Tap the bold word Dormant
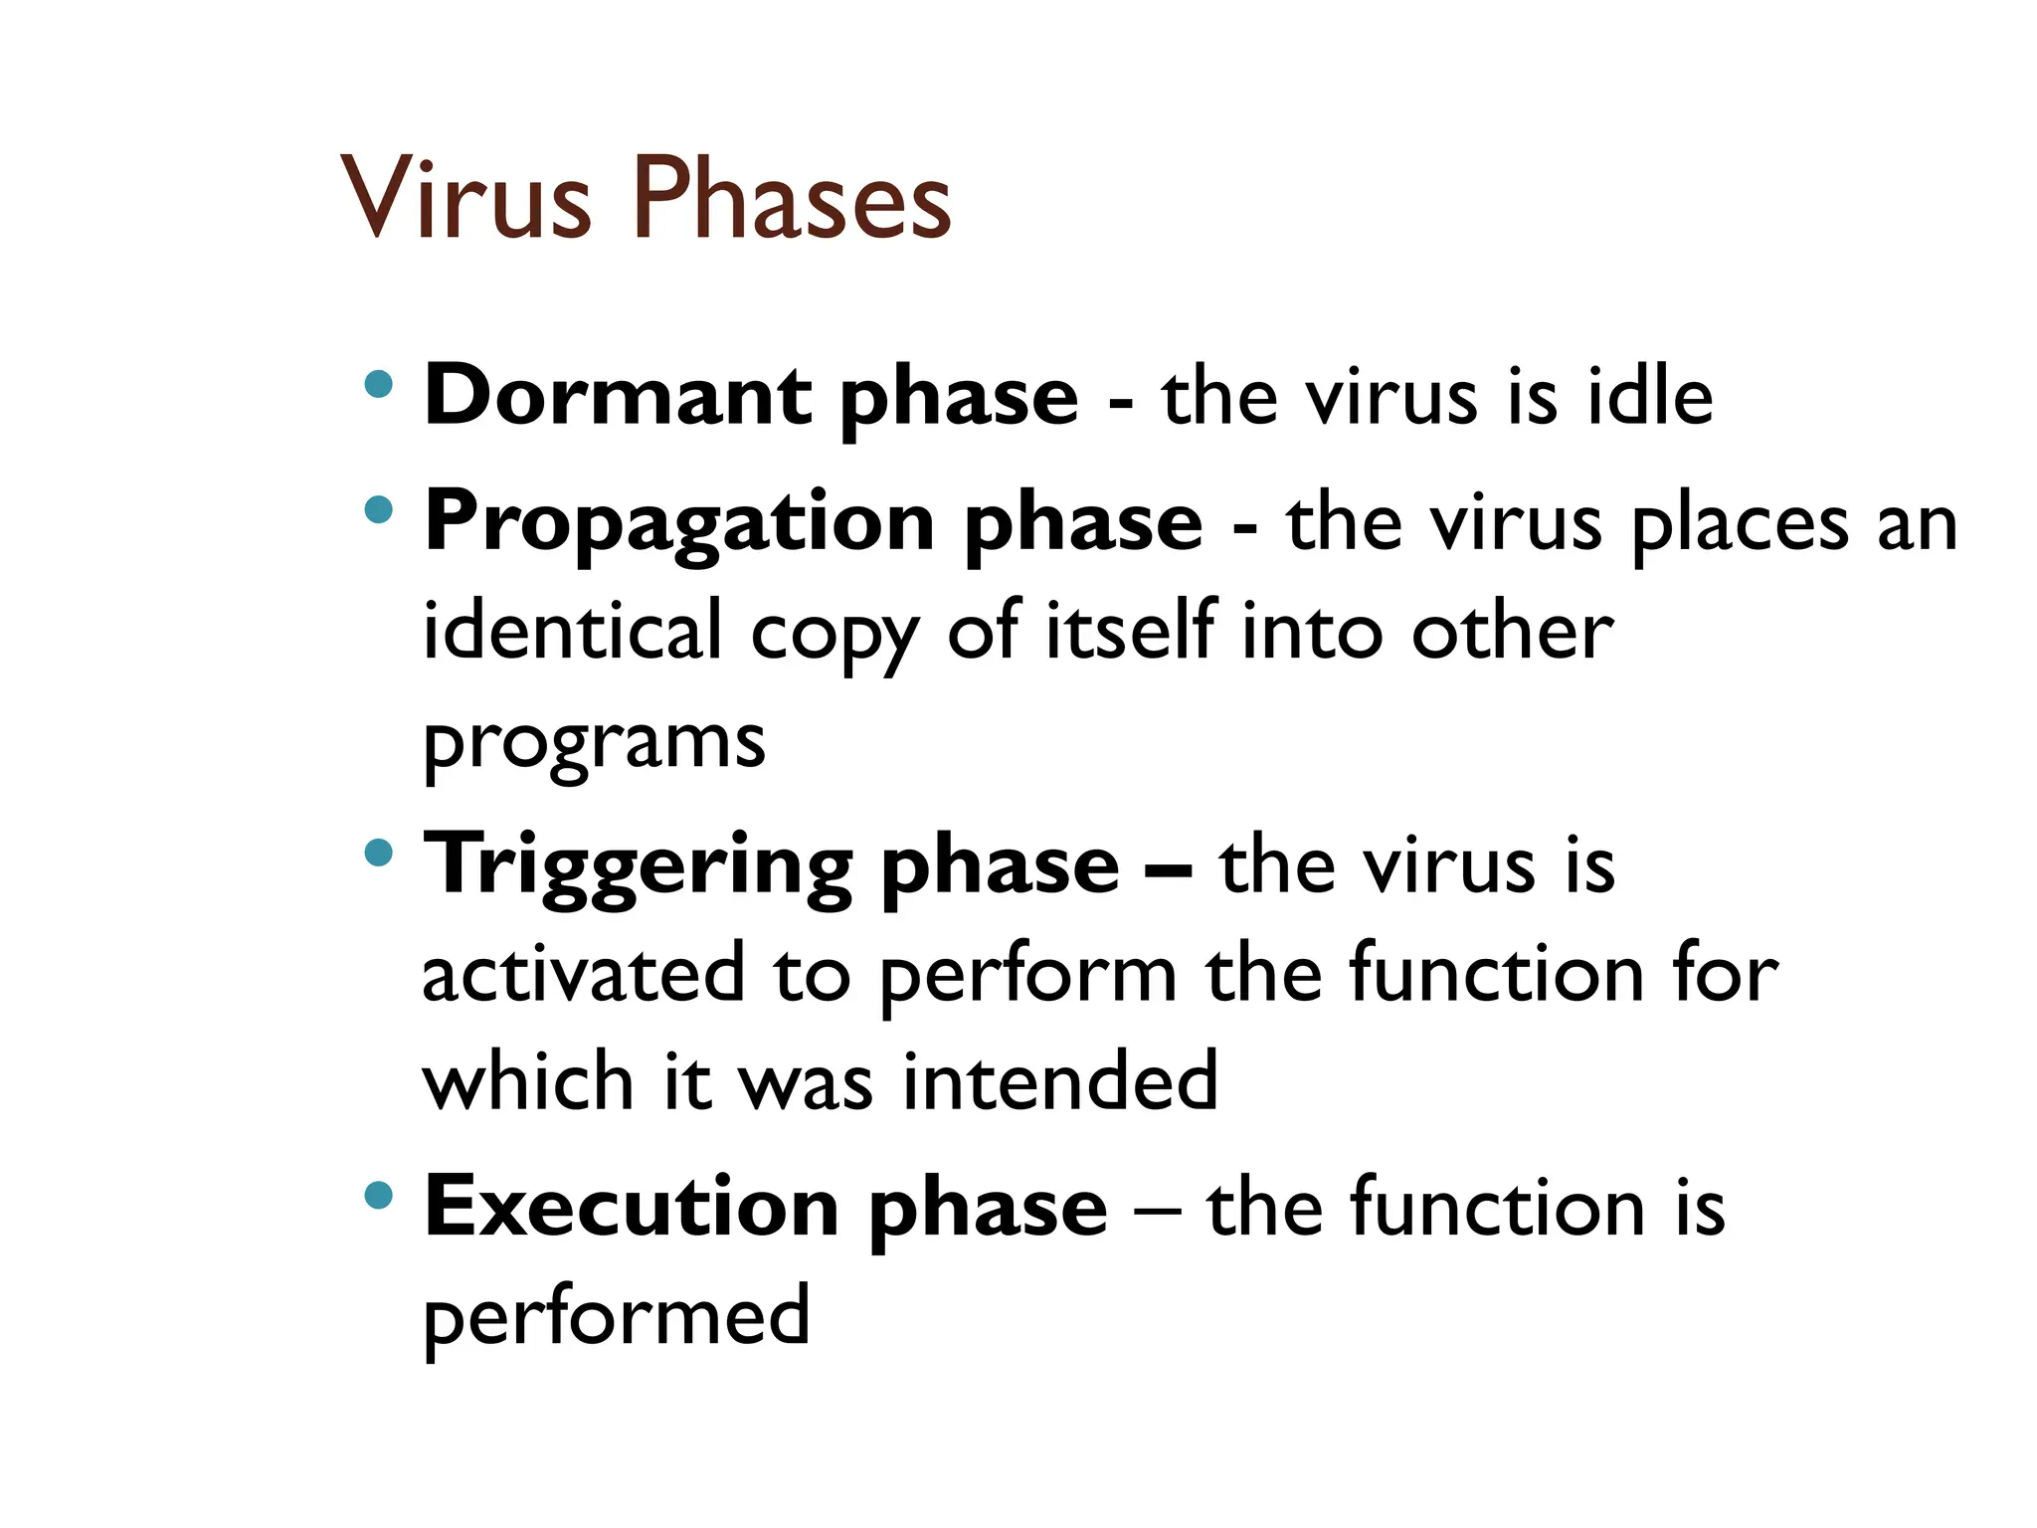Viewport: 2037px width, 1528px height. [618, 396]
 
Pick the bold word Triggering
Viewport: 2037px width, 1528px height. [638, 866]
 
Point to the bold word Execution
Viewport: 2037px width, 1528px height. [632, 1208]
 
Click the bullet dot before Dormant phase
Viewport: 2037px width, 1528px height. [379, 384]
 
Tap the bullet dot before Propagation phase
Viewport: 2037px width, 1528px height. [379, 510]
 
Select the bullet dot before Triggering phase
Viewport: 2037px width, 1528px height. [379, 853]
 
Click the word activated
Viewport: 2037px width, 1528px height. [583, 973]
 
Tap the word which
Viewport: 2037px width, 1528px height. [528, 1081]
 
